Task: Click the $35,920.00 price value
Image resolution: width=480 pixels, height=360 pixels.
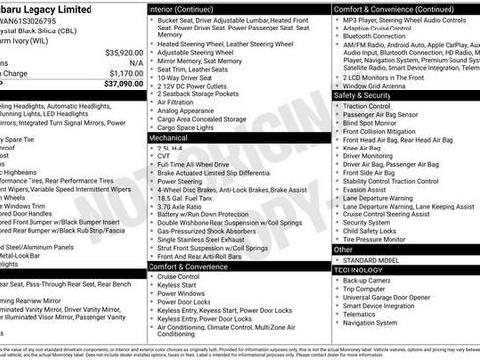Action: pyautogui.click(x=123, y=52)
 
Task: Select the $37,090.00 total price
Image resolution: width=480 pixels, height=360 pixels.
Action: pyautogui.click(x=123, y=85)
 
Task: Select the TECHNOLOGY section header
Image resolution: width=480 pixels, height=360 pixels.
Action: pyautogui.click(x=361, y=269)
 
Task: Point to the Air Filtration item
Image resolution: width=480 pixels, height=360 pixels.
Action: pyautogui.click(x=177, y=102)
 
